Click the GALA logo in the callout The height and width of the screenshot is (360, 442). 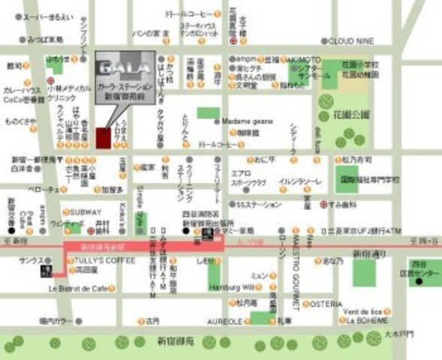tap(125, 66)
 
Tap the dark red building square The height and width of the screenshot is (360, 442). tap(103, 138)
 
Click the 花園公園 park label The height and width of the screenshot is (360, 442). tap(349, 115)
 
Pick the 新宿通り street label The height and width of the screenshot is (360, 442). tap(370, 253)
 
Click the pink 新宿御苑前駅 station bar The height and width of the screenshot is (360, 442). tap(143, 246)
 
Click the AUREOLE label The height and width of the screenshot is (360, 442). tap(225, 321)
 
